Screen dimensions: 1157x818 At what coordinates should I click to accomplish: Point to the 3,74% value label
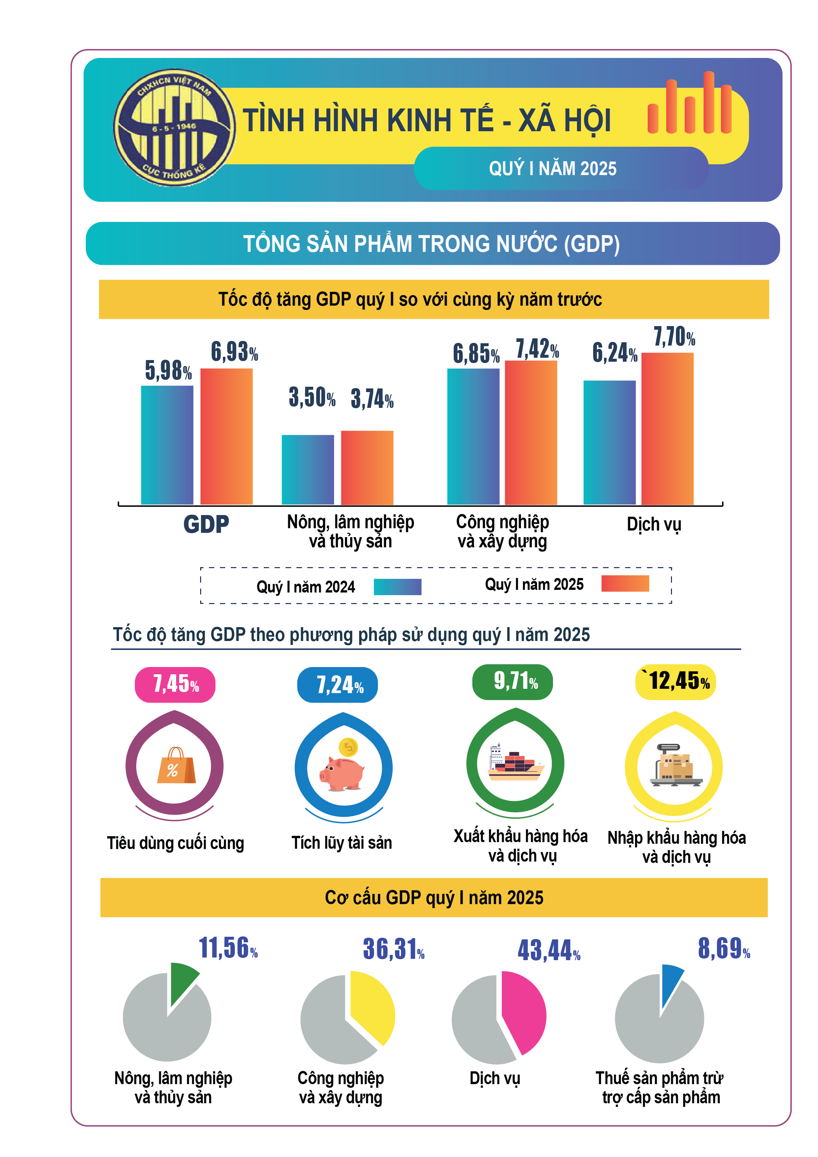tap(372, 399)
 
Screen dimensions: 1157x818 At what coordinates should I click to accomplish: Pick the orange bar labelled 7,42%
tap(531, 432)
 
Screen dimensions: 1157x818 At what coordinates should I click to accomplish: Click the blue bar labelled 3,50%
tap(307, 469)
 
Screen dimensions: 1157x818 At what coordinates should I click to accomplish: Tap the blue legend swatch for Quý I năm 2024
tap(397, 587)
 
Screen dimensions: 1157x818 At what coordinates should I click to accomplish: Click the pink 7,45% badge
tap(175, 684)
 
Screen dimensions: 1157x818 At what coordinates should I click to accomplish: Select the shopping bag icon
tap(175, 766)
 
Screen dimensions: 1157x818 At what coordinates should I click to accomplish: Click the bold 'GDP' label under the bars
tap(206, 524)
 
